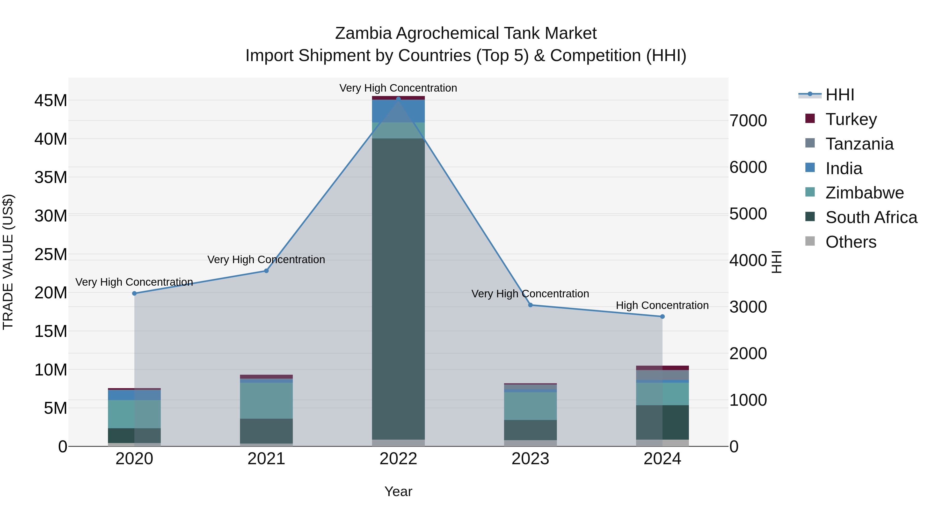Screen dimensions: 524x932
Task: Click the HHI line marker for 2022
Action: pyautogui.click(x=398, y=99)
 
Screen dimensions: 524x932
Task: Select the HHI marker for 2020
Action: pyautogui.click(x=134, y=293)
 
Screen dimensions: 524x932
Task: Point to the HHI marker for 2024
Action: pyautogui.click(x=662, y=316)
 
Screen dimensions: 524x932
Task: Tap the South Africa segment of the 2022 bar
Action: pyautogui.click(x=398, y=289)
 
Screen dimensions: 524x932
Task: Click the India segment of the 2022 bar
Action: pyautogui.click(x=398, y=111)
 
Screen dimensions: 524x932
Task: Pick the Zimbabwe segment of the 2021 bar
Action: pyautogui.click(x=266, y=401)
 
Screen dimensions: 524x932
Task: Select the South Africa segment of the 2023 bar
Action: pyautogui.click(x=530, y=430)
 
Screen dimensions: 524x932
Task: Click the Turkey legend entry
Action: pyautogui.click(x=851, y=119)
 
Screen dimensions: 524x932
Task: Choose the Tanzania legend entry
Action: pyautogui.click(x=859, y=144)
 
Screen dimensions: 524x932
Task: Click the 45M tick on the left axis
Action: pyautogui.click(x=51, y=101)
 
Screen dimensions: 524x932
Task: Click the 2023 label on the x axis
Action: pyautogui.click(x=530, y=459)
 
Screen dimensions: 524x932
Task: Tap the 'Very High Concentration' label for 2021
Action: pyautogui.click(x=266, y=260)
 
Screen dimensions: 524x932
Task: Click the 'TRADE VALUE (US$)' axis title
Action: pyautogui.click(x=8, y=262)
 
